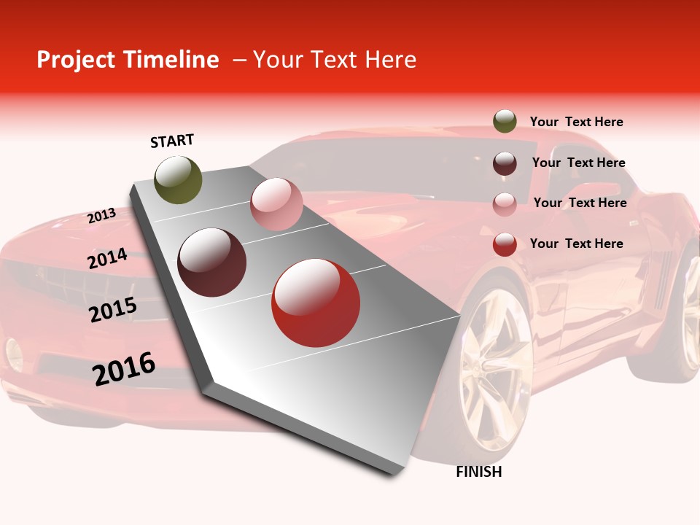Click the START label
pyautogui.click(x=172, y=141)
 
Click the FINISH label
pyautogui.click(x=478, y=472)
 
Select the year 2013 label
pyautogui.click(x=101, y=216)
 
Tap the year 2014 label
pyautogui.click(x=107, y=259)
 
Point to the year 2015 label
pyautogui.click(x=113, y=310)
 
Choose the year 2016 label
pyautogui.click(x=124, y=369)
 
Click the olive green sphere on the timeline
pyautogui.click(x=178, y=179)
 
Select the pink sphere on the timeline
pyautogui.click(x=276, y=204)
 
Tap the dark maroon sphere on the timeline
pyautogui.click(x=212, y=262)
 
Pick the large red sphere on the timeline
pyautogui.click(x=316, y=303)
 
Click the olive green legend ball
pyautogui.click(x=505, y=122)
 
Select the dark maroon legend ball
pyautogui.click(x=505, y=163)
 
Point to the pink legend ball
pyautogui.click(x=505, y=204)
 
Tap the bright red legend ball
pyautogui.click(x=505, y=245)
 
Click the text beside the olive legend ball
pyautogui.click(x=576, y=122)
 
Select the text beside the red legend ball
pyautogui.click(x=576, y=244)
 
